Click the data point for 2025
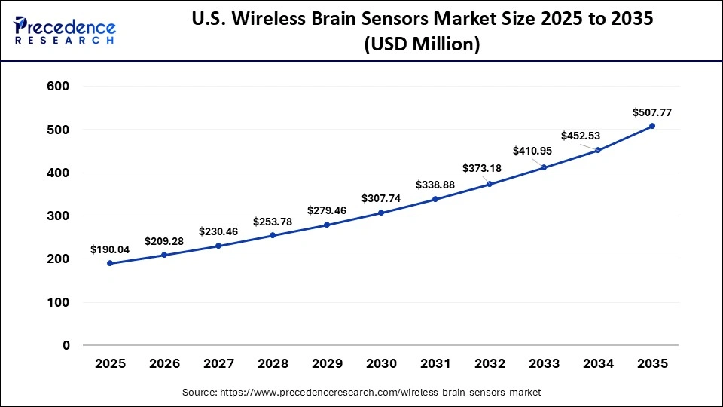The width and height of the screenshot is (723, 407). pyautogui.click(x=110, y=263)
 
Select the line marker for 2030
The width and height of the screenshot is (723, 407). pyautogui.click(x=381, y=213)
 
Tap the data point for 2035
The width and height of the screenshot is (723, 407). pyautogui.click(x=652, y=126)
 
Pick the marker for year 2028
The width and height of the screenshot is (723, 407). pyautogui.click(x=273, y=236)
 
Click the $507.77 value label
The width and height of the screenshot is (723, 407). pyautogui.click(x=652, y=112)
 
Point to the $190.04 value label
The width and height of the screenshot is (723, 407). pyautogui.click(x=109, y=249)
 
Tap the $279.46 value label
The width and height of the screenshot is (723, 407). pyautogui.click(x=327, y=210)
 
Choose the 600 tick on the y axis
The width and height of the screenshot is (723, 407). pyautogui.click(x=58, y=87)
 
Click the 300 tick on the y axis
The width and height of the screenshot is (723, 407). pyautogui.click(x=58, y=216)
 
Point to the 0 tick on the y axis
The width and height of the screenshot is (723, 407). pyautogui.click(x=66, y=345)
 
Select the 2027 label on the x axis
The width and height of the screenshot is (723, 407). pyautogui.click(x=218, y=363)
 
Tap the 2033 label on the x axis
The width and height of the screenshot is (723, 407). pyautogui.click(x=544, y=363)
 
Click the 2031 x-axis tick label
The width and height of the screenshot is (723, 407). pyautogui.click(x=435, y=363)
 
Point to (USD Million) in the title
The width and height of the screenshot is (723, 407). pyautogui.click(x=422, y=45)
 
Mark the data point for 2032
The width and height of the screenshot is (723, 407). pyautogui.click(x=490, y=184)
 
